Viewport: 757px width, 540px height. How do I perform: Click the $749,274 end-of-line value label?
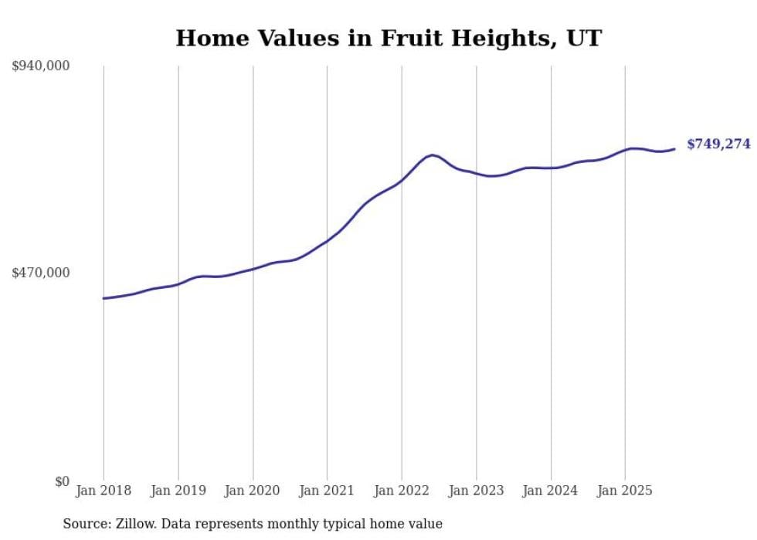coord(718,144)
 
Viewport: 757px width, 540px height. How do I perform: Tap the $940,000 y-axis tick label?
coord(41,66)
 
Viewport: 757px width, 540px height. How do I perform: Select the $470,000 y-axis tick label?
coord(41,273)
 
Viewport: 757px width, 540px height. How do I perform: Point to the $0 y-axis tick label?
coord(62,481)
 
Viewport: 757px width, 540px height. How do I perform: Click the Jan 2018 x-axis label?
coord(104,491)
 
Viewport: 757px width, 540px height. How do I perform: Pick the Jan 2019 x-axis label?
coord(178,491)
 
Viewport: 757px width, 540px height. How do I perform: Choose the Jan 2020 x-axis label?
coord(253,491)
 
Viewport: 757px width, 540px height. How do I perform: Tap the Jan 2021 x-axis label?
coord(327,491)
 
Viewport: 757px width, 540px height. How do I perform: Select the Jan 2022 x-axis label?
coord(402,491)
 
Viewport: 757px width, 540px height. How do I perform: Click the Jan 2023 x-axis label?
coord(476,491)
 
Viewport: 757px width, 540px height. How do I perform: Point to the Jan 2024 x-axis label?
coord(551,491)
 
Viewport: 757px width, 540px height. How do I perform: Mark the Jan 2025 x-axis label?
coord(625,491)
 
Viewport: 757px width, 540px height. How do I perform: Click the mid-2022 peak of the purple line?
coord(432,155)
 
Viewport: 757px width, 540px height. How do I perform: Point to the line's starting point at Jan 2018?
coord(104,298)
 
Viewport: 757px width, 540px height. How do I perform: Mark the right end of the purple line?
coord(674,149)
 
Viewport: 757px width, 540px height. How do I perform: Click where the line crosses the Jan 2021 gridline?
coord(327,241)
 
